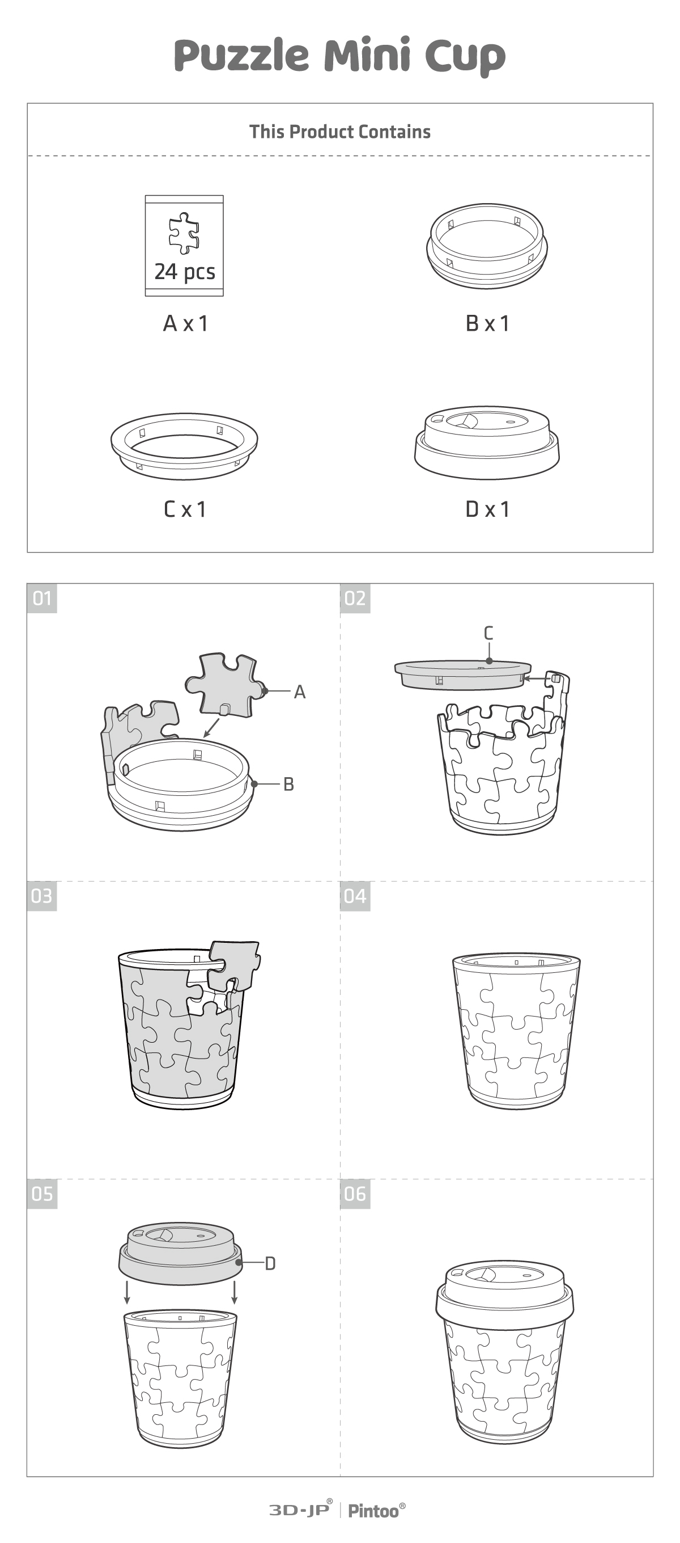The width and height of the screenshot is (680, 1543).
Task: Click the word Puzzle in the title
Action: click(x=241, y=56)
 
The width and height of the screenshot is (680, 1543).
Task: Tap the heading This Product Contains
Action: click(x=340, y=132)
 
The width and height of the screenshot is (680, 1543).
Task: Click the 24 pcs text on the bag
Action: click(x=184, y=272)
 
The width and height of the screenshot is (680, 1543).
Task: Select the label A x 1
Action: click(x=185, y=323)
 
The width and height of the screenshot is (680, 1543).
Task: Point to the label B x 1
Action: click(x=487, y=323)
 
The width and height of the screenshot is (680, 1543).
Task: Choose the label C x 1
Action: click(x=185, y=509)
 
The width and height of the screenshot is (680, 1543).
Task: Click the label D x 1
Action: click(x=487, y=509)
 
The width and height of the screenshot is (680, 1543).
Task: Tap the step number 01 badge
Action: click(x=42, y=598)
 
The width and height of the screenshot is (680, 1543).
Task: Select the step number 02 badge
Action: click(x=355, y=598)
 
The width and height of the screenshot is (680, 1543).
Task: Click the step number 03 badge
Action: click(x=42, y=896)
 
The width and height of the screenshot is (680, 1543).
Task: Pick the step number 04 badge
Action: click(x=355, y=896)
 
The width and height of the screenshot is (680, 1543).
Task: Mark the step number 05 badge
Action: click(x=42, y=1194)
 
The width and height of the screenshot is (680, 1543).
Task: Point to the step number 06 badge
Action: click(x=355, y=1194)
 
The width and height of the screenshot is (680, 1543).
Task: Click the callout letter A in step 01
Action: click(x=300, y=692)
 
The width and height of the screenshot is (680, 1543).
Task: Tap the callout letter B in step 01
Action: click(x=288, y=784)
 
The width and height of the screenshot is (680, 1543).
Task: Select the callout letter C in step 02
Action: click(x=488, y=633)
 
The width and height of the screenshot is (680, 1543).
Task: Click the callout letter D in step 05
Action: click(x=270, y=1263)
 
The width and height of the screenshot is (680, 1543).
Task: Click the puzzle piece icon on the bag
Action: click(x=184, y=233)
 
